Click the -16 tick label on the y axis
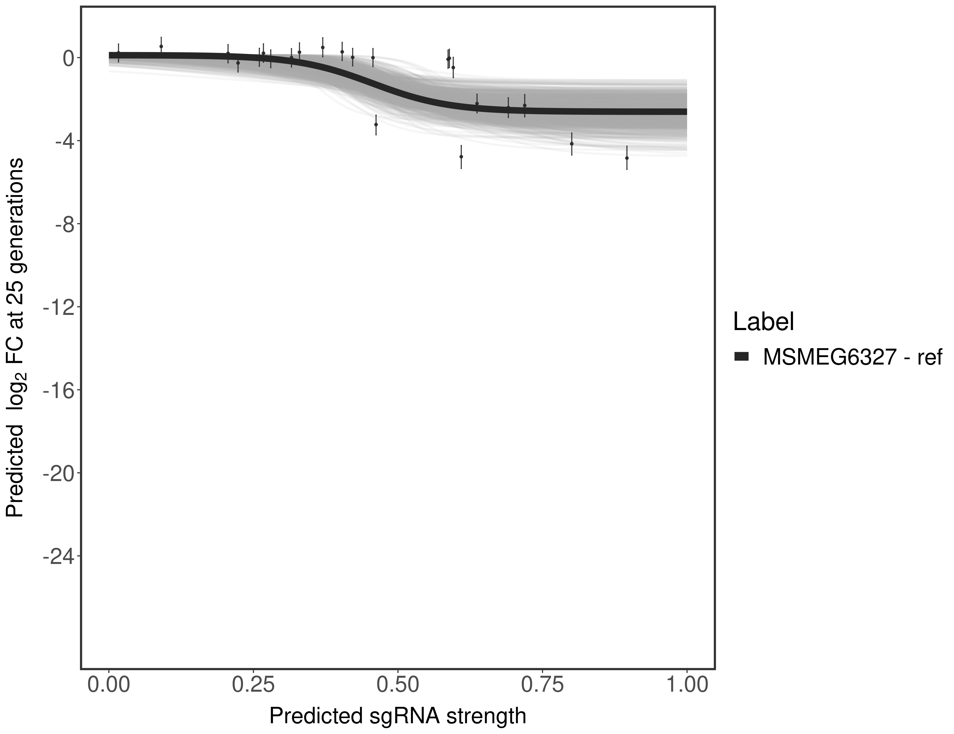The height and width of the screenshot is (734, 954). pos(58,390)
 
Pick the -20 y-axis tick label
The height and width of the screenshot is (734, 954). pos(58,474)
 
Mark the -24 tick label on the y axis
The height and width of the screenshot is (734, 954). pos(58,557)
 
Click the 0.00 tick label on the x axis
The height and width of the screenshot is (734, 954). pos(109,684)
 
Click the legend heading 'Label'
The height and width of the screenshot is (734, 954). pos(763,322)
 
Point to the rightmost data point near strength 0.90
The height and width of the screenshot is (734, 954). pos(627,158)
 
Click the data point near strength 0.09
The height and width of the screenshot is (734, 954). pos(161,46)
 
